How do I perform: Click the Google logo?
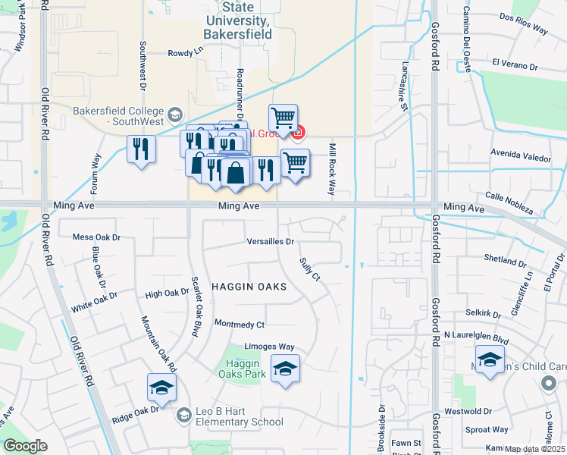point(25,446)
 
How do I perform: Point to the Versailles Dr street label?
point(271,242)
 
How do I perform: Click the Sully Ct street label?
point(310,269)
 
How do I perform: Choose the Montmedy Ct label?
point(240,325)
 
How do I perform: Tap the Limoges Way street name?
point(269,347)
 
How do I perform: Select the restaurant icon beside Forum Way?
point(141,148)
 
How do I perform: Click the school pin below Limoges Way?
point(285,369)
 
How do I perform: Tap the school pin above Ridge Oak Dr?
point(161,388)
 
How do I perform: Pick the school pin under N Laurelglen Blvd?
point(490,359)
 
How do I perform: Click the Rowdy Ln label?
point(186,53)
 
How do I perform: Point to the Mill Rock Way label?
point(331,168)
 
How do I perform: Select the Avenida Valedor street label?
point(521,158)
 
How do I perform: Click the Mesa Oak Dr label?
point(96,237)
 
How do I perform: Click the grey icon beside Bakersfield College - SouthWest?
point(174,115)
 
